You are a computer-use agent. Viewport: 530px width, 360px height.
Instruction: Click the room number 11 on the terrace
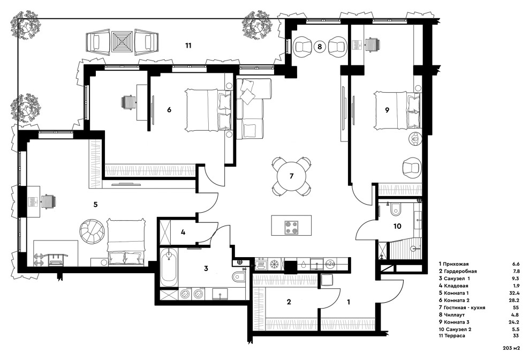(188, 46)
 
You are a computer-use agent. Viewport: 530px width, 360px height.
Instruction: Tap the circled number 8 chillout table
(319, 47)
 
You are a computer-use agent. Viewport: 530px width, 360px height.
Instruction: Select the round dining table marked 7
(291, 176)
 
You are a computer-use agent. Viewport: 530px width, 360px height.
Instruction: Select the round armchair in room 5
(93, 231)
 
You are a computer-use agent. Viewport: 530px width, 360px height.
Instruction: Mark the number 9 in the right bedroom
(387, 109)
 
